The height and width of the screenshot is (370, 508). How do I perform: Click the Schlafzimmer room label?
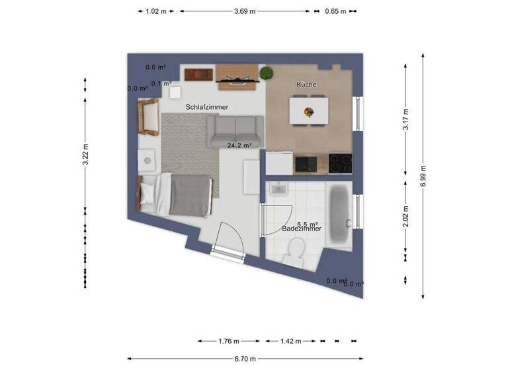207,106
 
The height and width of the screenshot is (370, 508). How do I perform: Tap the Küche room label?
306,85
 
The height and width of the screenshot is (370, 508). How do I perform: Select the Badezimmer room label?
302,229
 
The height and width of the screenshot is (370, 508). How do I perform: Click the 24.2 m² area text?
239,145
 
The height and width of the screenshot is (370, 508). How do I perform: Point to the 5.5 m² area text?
308,224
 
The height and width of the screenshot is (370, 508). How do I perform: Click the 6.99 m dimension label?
423,177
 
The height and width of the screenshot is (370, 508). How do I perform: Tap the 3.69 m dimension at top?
245,11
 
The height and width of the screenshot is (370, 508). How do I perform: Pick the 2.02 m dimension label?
406,216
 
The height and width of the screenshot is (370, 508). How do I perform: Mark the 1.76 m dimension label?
229,341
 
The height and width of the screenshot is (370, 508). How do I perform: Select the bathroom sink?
278,189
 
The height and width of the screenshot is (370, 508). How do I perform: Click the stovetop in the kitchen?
341,163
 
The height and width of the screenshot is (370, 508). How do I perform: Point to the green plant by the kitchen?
267,73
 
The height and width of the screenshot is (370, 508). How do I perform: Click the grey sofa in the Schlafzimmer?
235,131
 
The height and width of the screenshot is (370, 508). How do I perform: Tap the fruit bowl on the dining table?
308,112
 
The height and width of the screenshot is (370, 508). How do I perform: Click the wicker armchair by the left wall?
148,117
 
